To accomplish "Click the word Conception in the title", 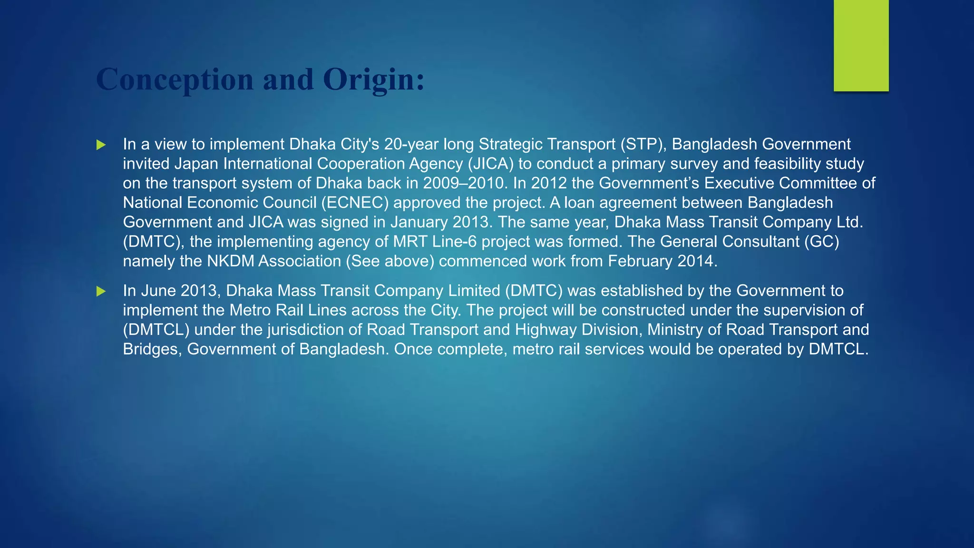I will [x=175, y=79].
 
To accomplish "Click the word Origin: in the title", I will [x=373, y=79].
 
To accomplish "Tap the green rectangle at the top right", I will [x=861, y=46].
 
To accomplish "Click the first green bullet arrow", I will [x=101, y=145].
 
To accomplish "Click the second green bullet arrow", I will [x=101, y=291].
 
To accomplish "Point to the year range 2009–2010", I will [x=464, y=183].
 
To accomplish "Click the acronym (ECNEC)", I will [x=355, y=203].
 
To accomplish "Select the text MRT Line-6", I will [x=434, y=242].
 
